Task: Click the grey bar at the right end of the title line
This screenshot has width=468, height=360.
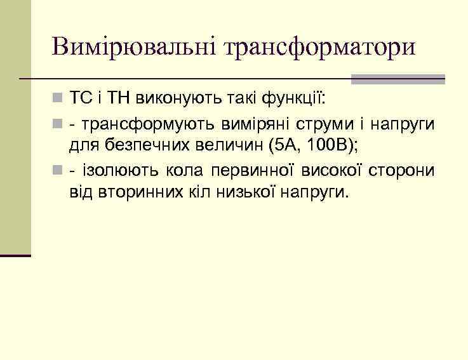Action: pos(398,79)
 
